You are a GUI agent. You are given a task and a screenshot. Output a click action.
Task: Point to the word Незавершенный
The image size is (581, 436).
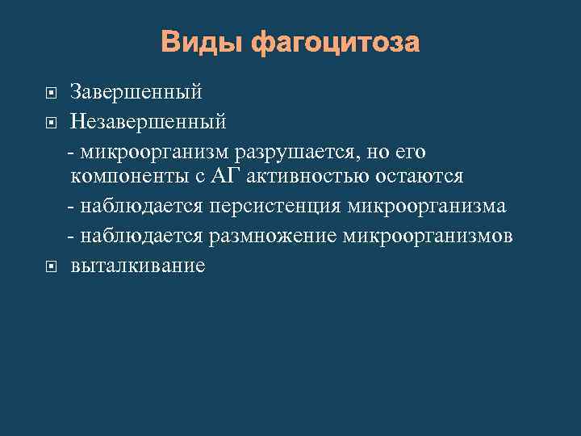click(148, 122)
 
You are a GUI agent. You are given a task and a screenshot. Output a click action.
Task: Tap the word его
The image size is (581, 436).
click(409, 151)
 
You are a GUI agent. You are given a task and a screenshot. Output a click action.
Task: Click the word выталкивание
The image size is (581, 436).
click(138, 265)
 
